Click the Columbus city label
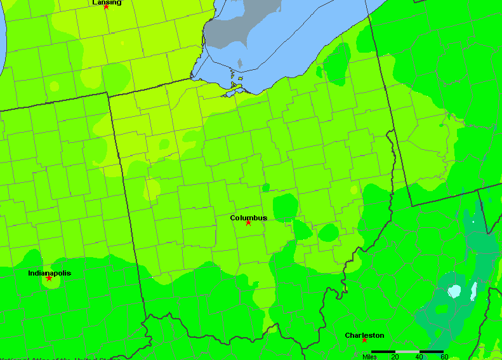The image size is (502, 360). (x=248, y=218)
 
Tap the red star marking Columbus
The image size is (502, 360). (x=248, y=223)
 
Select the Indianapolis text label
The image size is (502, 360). (x=50, y=273)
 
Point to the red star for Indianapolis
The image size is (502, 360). (x=49, y=278)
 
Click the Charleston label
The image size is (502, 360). (x=364, y=335)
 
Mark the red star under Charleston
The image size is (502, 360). (x=364, y=340)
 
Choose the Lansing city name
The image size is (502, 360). (x=107, y=3)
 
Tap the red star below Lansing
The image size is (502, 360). (x=106, y=7)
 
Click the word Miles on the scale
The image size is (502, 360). (x=370, y=357)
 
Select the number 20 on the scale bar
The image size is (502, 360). (x=395, y=357)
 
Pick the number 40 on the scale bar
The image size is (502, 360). (x=419, y=357)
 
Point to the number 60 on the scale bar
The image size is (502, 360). (x=444, y=357)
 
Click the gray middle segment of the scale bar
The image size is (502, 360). (x=407, y=351)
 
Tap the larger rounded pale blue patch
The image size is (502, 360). (x=454, y=291)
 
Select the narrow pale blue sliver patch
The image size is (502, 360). (x=473, y=291)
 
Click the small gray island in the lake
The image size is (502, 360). (x=240, y=63)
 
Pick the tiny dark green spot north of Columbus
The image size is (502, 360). (x=265, y=188)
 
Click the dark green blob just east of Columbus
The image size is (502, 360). (x=285, y=206)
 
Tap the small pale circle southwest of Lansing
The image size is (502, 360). (x=55, y=86)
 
